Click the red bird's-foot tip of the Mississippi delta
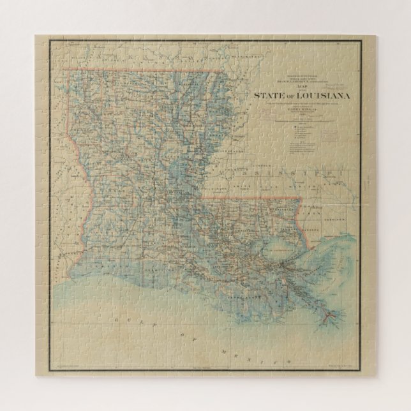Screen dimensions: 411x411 pos(329,316)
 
